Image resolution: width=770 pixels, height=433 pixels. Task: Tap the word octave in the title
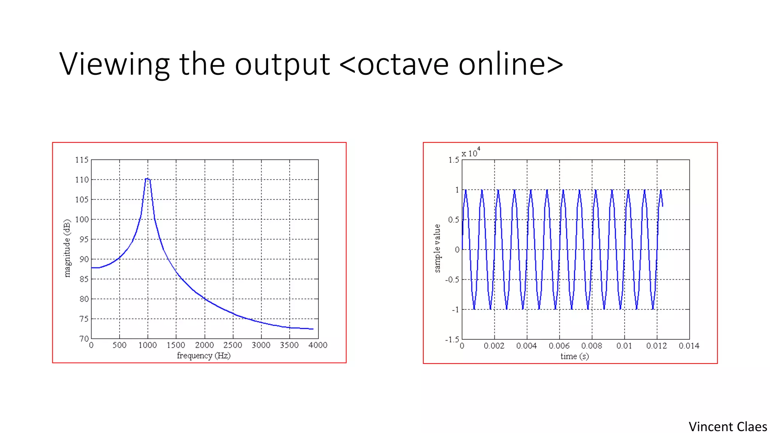[403, 65]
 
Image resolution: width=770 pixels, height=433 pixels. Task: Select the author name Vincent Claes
[728, 427]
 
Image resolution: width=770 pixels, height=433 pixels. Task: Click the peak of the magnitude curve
[147, 179]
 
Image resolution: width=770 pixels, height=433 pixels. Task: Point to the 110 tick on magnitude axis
[82, 180]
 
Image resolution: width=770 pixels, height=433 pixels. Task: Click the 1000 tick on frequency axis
[147, 345]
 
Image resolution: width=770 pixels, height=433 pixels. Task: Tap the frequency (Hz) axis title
[203, 356]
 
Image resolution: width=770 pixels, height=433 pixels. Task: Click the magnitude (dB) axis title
[67, 248]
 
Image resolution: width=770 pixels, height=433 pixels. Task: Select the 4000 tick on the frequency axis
[318, 345]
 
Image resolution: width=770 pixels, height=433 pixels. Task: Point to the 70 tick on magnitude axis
[84, 339]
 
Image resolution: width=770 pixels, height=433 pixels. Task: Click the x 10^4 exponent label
[471, 153]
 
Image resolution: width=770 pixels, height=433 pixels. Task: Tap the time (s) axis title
[574, 356]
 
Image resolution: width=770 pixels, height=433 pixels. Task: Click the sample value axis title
[437, 248]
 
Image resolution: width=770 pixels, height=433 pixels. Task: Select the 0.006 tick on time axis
[559, 346]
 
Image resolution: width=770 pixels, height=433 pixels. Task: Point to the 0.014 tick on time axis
[689, 346]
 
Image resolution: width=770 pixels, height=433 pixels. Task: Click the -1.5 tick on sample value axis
[452, 340]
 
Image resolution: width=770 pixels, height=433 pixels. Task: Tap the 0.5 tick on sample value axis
[453, 220]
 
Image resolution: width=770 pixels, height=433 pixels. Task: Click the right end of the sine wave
[662, 206]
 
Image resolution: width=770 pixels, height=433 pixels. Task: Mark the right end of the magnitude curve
[313, 329]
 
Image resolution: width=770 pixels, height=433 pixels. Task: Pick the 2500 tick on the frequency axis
[233, 345]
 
